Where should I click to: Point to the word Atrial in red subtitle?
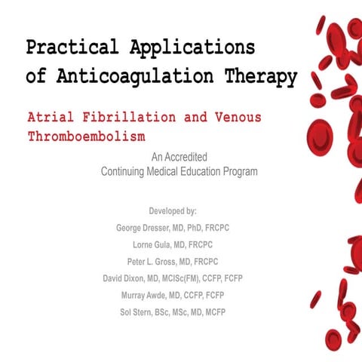52,119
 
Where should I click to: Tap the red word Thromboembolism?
86,139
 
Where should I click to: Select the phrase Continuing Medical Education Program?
179,171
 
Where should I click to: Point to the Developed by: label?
179,212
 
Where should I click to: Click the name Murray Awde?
146,295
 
